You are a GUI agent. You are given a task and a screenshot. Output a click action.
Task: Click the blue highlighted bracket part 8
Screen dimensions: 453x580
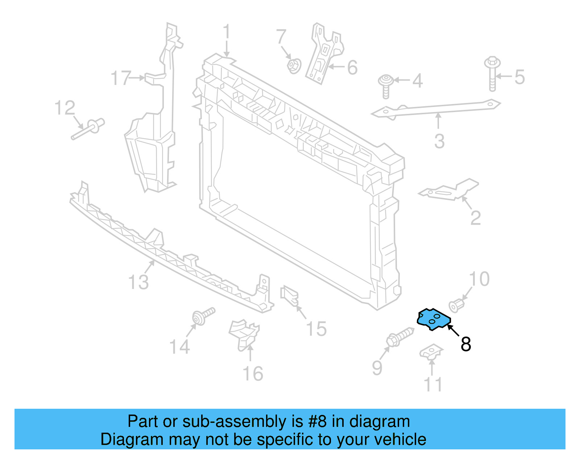click(x=434, y=320)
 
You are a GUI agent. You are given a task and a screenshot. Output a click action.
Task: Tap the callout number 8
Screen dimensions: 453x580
click(x=466, y=344)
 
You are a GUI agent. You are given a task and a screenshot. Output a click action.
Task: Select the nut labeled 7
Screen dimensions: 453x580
click(x=293, y=66)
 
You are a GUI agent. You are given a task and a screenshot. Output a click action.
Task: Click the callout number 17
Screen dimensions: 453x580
click(x=120, y=78)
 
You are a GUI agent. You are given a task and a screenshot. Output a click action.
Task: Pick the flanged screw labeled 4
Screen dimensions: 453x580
click(x=386, y=86)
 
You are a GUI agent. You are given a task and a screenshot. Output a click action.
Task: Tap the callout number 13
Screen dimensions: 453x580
click(x=138, y=282)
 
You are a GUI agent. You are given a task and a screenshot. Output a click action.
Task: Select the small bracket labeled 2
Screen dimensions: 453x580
click(x=449, y=190)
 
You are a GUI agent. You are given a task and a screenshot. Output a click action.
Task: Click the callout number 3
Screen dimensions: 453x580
click(x=439, y=141)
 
